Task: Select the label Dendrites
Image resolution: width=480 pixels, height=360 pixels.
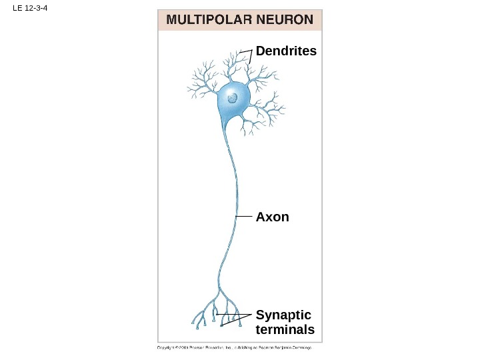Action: [286, 51]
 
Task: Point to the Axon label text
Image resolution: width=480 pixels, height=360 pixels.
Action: [273, 217]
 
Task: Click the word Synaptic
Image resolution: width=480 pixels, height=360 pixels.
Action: [283, 315]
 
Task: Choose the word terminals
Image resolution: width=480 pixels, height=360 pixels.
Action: [285, 330]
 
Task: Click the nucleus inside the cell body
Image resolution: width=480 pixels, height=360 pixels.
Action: [232, 98]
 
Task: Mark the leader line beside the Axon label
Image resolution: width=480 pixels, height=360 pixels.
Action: [245, 217]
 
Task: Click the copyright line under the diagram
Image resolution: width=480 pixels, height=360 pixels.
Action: [234, 347]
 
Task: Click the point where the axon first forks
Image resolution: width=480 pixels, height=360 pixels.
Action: [219, 287]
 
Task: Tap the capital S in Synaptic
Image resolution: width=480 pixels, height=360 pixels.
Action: [260, 315]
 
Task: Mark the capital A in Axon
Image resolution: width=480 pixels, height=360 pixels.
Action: [261, 217]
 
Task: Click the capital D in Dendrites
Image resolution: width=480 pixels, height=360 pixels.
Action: [260, 51]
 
